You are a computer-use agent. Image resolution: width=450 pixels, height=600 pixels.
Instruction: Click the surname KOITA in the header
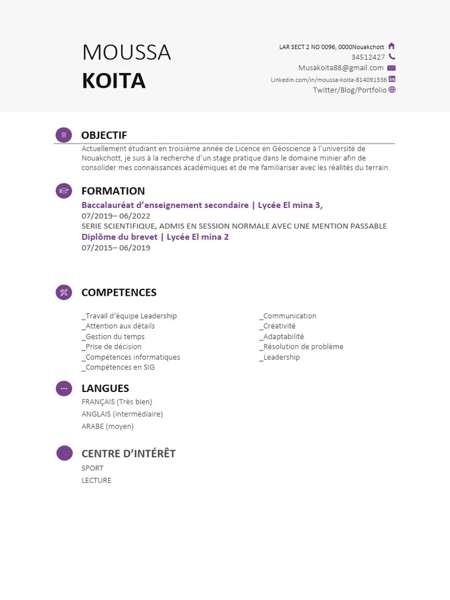click(114, 81)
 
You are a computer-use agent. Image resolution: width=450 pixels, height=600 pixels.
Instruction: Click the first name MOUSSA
click(127, 53)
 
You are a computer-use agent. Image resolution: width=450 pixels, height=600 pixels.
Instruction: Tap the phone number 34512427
click(368, 57)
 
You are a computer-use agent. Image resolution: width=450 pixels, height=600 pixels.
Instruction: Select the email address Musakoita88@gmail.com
click(340, 68)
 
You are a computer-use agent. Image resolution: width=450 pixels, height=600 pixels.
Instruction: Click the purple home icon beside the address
click(391, 46)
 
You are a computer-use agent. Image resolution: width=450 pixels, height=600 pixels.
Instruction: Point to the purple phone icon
click(391, 57)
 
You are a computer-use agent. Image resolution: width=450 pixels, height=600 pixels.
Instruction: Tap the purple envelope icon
click(391, 68)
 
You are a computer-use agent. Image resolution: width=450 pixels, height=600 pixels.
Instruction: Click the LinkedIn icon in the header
click(392, 79)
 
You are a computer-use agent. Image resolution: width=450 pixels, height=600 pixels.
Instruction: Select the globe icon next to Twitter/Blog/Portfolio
click(392, 90)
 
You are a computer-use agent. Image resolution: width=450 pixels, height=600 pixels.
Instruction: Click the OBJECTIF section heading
click(104, 135)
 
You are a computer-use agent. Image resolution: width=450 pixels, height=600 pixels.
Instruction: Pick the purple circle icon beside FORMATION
click(63, 191)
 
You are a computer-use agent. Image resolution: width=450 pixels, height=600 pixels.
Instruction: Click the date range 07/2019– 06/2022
click(116, 216)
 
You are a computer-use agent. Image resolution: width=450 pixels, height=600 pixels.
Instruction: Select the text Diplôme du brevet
click(120, 237)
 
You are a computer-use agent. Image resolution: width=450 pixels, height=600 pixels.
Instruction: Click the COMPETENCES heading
click(119, 292)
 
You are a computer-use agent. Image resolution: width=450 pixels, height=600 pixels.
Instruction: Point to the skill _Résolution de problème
click(301, 346)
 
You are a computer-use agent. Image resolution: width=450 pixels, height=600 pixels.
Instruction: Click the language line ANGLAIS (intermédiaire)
click(122, 414)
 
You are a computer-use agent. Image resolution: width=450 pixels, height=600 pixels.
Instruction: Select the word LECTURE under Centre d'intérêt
click(96, 480)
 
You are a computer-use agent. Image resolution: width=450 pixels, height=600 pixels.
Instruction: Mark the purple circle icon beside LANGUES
click(63, 388)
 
